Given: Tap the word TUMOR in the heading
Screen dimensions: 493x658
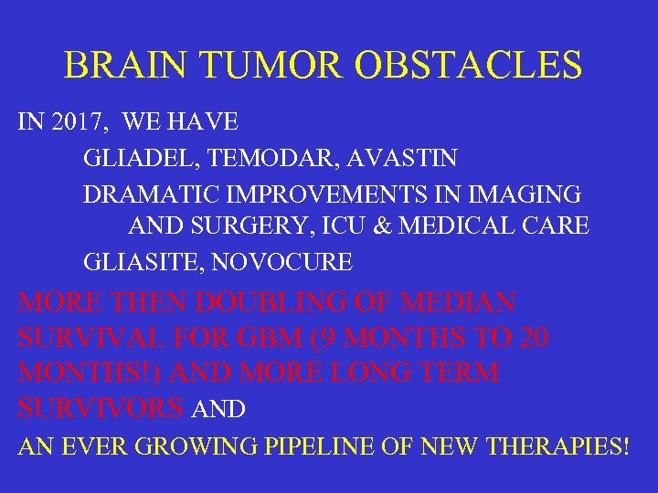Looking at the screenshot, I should click(273, 66).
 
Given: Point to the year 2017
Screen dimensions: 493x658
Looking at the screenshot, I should click(78, 121).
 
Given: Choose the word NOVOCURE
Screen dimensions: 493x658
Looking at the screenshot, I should click(282, 263).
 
